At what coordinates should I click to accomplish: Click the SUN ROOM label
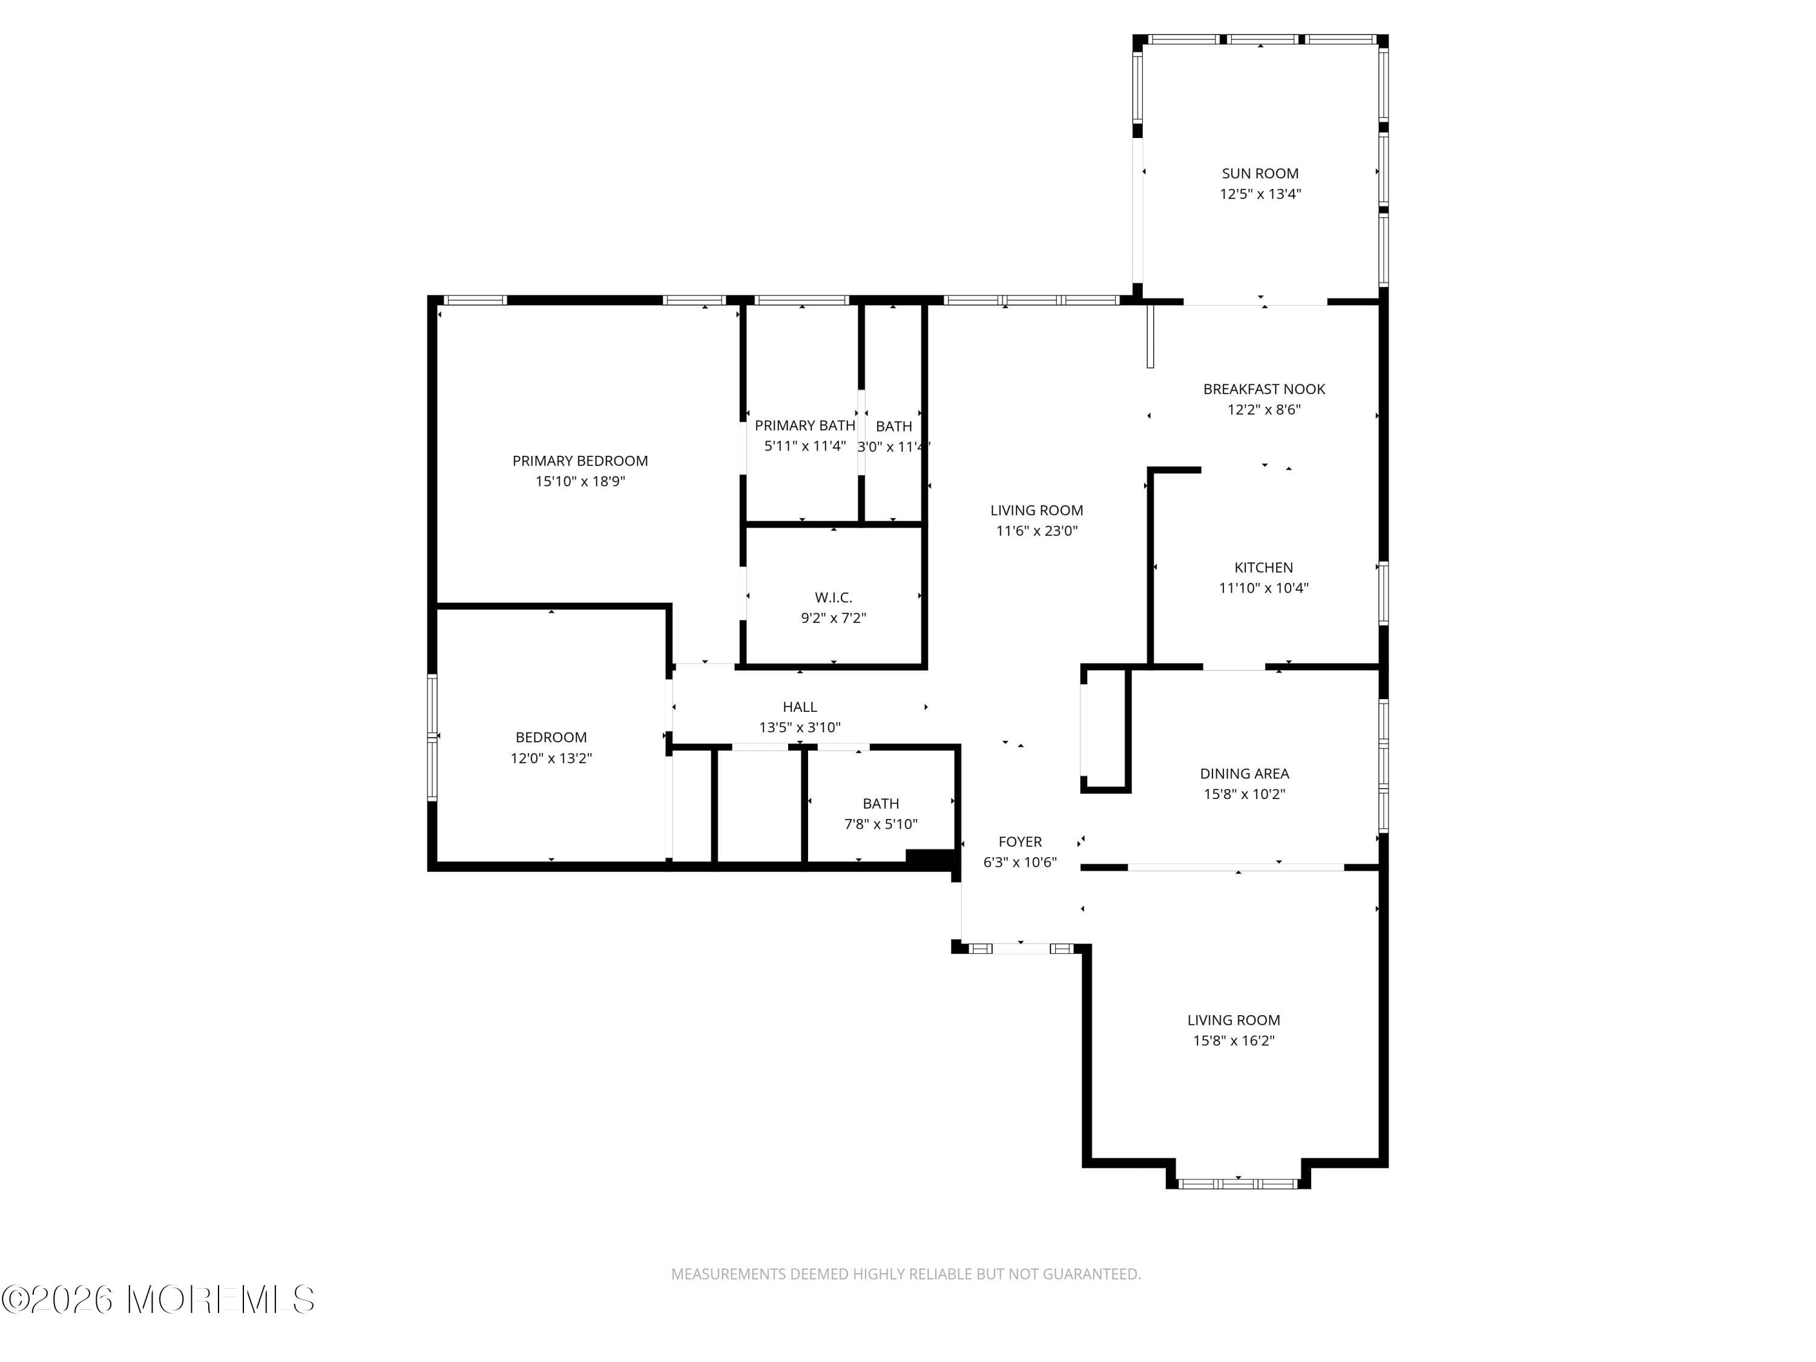click(x=1259, y=173)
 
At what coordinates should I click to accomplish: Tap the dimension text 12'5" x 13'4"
click(x=1259, y=194)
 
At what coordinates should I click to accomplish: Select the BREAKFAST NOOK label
click(x=1263, y=389)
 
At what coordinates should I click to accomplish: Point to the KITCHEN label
click(x=1263, y=567)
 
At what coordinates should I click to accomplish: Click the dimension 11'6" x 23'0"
click(x=1036, y=531)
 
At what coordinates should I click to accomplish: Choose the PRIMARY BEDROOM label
click(x=580, y=461)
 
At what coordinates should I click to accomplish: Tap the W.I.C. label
click(x=834, y=597)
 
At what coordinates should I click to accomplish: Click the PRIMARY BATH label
click(x=804, y=426)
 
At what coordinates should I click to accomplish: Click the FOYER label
click(x=1019, y=841)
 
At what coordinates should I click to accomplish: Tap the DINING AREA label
click(x=1244, y=774)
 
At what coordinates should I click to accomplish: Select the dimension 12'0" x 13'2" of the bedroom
click(x=551, y=758)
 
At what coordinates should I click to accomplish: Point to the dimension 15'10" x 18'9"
click(x=580, y=482)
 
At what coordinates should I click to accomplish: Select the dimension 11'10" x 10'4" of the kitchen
click(x=1263, y=588)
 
